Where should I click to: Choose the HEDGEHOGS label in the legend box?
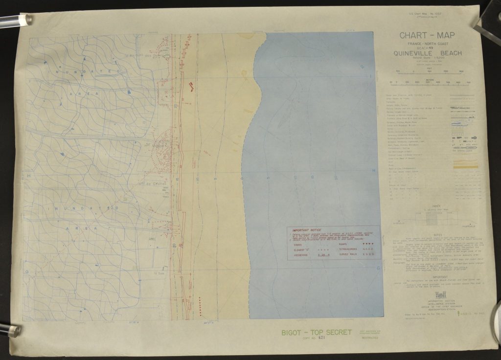pyautogui.click(x=300, y=255)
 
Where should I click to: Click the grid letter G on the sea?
pyautogui.click(x=378, y=268)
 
